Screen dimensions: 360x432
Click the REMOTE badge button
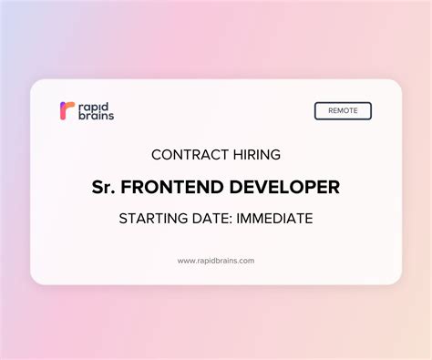pyautogui.click(x=343, y=111)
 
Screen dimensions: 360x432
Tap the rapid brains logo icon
pyautogui.click(x=66, y=111)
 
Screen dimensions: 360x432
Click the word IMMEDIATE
pyautogui.click(x=276, y=219)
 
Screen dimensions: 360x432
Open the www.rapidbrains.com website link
pyautogui.click(x=216, y=261)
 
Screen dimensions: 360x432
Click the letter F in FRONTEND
pyautogui.click(x=126, y=187)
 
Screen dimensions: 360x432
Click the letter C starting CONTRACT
pyautogui.click(x=156, y=155)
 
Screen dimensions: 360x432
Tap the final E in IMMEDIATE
pyautogui.click(x=309, y=219)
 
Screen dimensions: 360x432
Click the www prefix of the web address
pyautogui.click(x=185, y=261)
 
